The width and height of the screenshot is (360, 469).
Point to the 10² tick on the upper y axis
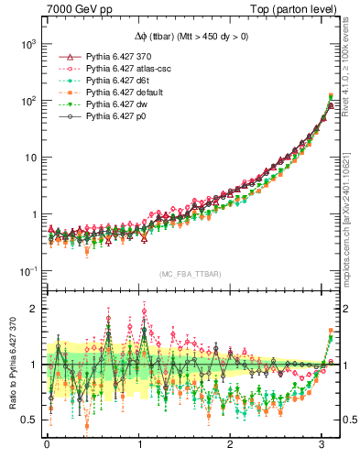point(27,101)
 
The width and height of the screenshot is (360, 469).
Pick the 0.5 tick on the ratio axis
point(29,420)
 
